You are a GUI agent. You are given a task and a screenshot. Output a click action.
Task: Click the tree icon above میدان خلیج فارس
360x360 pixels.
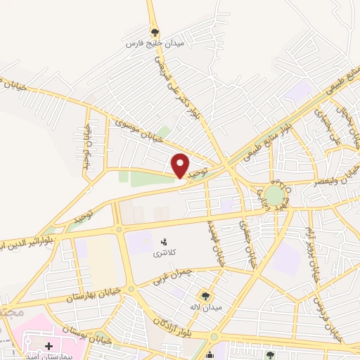tap(155, 32)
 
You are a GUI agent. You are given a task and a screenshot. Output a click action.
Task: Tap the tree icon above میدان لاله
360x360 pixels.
tap(206, 296)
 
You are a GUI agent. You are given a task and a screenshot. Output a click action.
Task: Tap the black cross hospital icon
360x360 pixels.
tap(49, 346)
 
